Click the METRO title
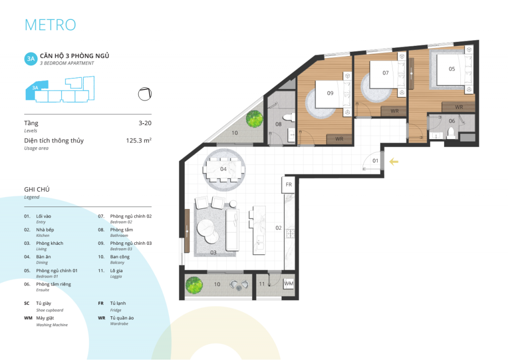coord(50,25)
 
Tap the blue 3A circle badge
coord(31,59)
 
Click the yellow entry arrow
coord(393,161)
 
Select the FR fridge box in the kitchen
coord(288,185)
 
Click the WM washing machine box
coord(289,284)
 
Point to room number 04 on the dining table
coord(223,169)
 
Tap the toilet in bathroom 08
coord(288,117)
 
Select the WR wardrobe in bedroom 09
coord(339,139)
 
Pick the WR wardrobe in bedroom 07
coord(394,111)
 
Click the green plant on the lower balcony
coord(194,285)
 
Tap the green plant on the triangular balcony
coord(254,119)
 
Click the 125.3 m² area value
coord(139,141)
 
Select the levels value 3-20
coord(145,123)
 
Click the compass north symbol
coord(145,94)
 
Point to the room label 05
coord(451,69)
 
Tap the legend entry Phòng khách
coord(50,243)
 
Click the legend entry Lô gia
coord(116,271)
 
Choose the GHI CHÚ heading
coord(37,189)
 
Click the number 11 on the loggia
coord(262,284)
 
